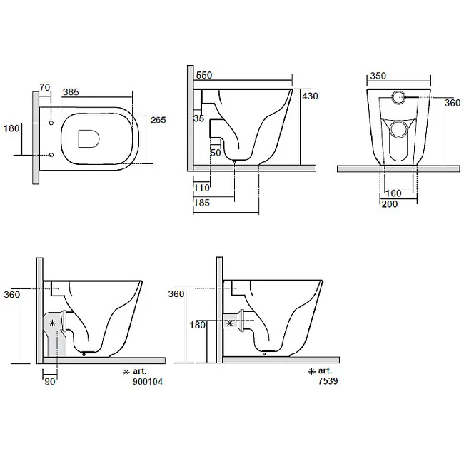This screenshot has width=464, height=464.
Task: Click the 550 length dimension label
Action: tap(204, 75)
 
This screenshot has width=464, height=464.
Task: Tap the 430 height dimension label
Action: tap(310, 96)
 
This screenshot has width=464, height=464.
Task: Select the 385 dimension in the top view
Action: tap(71, 92)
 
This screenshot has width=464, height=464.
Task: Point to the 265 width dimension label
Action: tap(158, 120)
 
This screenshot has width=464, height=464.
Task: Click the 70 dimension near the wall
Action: tap(45, 87)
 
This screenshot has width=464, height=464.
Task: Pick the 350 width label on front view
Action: tap(378, 76)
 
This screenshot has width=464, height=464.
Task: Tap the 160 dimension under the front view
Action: tap(393, 193)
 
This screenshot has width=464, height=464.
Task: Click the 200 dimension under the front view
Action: tap(390, 204)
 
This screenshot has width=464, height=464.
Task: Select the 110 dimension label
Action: tap(201, 188)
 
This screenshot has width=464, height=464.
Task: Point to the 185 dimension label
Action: tap(201, 203)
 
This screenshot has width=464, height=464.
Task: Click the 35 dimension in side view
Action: tap(199, 118)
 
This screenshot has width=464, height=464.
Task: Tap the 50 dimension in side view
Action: tap(216, 153)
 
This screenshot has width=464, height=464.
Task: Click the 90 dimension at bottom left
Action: tap(50, 382)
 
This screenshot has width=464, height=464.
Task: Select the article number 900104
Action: tap(148, 382)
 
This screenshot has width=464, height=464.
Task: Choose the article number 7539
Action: tap(328, 381)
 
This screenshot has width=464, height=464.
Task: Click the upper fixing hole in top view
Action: tap(51, 123)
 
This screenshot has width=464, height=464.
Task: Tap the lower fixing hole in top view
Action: tap(51, 155)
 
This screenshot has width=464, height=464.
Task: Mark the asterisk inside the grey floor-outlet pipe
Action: tap(52, 323)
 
